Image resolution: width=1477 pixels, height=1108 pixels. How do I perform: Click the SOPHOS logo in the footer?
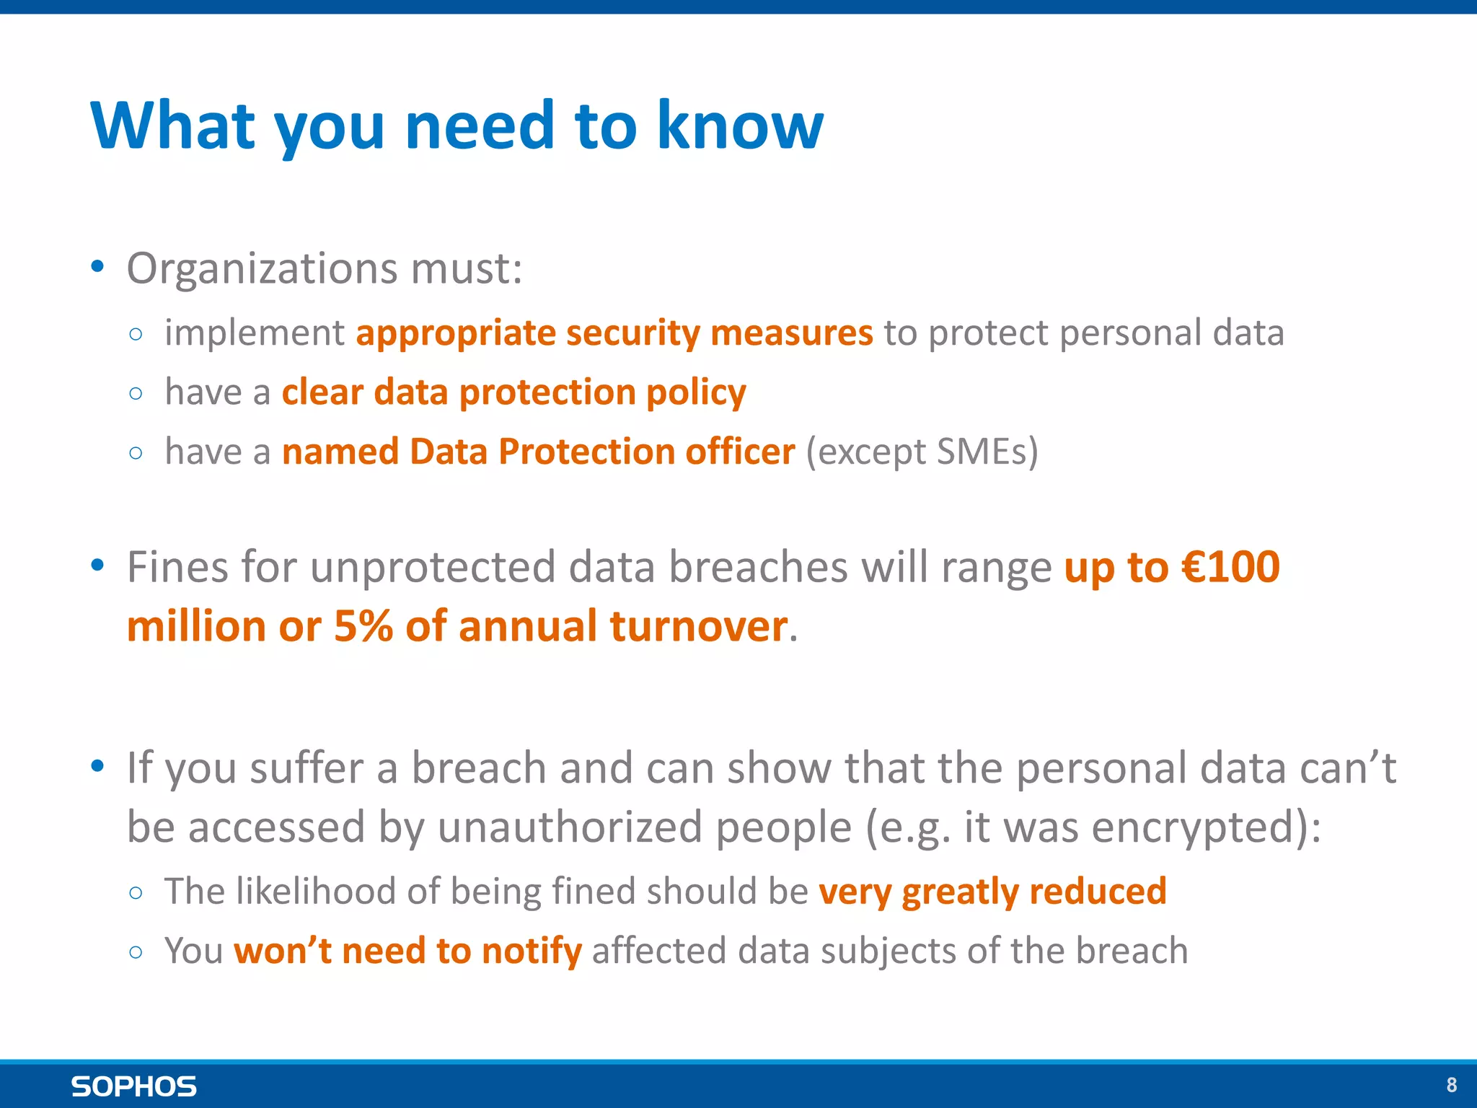coord(133,1086)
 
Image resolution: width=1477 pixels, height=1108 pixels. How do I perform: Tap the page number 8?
coord(1451,1085)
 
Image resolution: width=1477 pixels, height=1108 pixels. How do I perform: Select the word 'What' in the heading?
coord(173,126)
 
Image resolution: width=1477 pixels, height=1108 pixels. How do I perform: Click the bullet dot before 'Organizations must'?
coord(98,267)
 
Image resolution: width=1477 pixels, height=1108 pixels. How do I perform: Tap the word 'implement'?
coord(255,333)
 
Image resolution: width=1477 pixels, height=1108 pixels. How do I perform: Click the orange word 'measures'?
coord(791,333)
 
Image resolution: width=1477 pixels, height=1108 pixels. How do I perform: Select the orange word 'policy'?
coord(696,394)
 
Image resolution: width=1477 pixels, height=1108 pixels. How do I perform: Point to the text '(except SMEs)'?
coord(922,452)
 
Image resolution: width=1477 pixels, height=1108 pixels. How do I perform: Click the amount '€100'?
coord(1230,567)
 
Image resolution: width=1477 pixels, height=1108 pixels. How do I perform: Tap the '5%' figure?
coord(363,626)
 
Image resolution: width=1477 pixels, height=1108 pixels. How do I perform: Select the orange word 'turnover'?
coord(698,626)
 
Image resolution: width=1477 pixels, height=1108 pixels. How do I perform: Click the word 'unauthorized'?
coord(570,827)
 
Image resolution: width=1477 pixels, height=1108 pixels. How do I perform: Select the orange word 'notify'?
coord(532,951)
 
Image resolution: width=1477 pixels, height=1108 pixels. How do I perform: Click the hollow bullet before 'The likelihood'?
coord(136,893)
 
